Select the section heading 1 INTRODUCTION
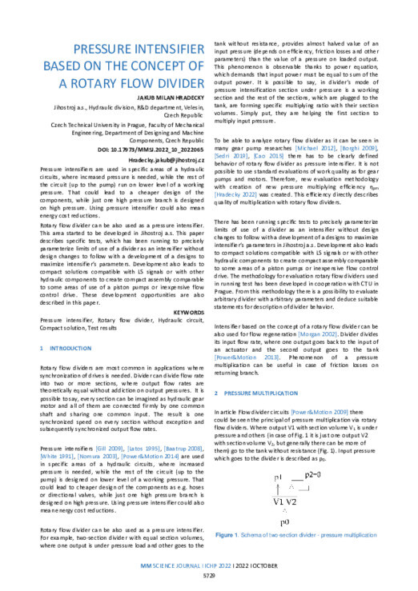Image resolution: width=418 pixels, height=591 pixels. click(71, 349)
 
